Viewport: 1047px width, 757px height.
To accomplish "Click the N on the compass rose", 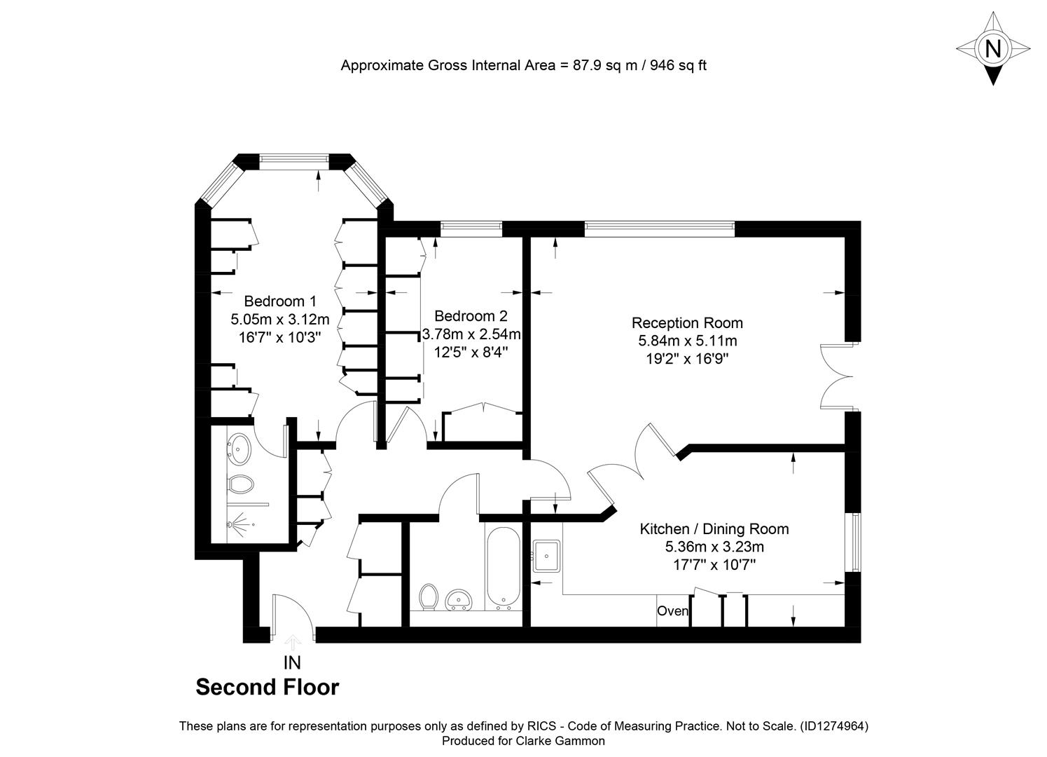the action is [993, 48].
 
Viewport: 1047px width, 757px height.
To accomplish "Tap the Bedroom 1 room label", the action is [280, 301].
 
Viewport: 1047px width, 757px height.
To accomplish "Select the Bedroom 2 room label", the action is [471, 316].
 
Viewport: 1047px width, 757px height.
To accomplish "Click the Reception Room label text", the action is [687, 323].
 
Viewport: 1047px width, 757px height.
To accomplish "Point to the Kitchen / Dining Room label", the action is [714, 529].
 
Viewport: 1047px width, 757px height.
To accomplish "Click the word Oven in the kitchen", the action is [672, 611].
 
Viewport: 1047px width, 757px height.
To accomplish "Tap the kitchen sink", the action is [546, 556].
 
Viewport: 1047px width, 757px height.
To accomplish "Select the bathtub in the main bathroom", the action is [504, 568].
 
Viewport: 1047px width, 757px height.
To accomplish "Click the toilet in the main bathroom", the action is [428, 597].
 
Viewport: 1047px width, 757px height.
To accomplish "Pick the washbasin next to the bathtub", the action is [459, 600].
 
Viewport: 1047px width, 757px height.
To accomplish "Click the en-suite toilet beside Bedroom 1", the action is [240, 484].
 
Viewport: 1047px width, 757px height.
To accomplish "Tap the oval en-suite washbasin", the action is [239, 449].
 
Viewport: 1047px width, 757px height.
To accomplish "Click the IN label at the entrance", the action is [292, 663].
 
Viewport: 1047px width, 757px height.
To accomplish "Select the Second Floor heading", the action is [268, 688].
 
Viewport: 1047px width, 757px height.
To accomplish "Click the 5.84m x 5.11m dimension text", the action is [688, 341].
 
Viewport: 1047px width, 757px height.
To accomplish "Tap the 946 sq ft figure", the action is [678, 65].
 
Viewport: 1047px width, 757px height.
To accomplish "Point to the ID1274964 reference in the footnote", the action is [834, 726].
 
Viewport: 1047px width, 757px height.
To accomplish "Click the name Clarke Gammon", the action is [560, 741].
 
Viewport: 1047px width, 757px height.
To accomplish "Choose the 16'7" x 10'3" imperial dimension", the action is [280, 337].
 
